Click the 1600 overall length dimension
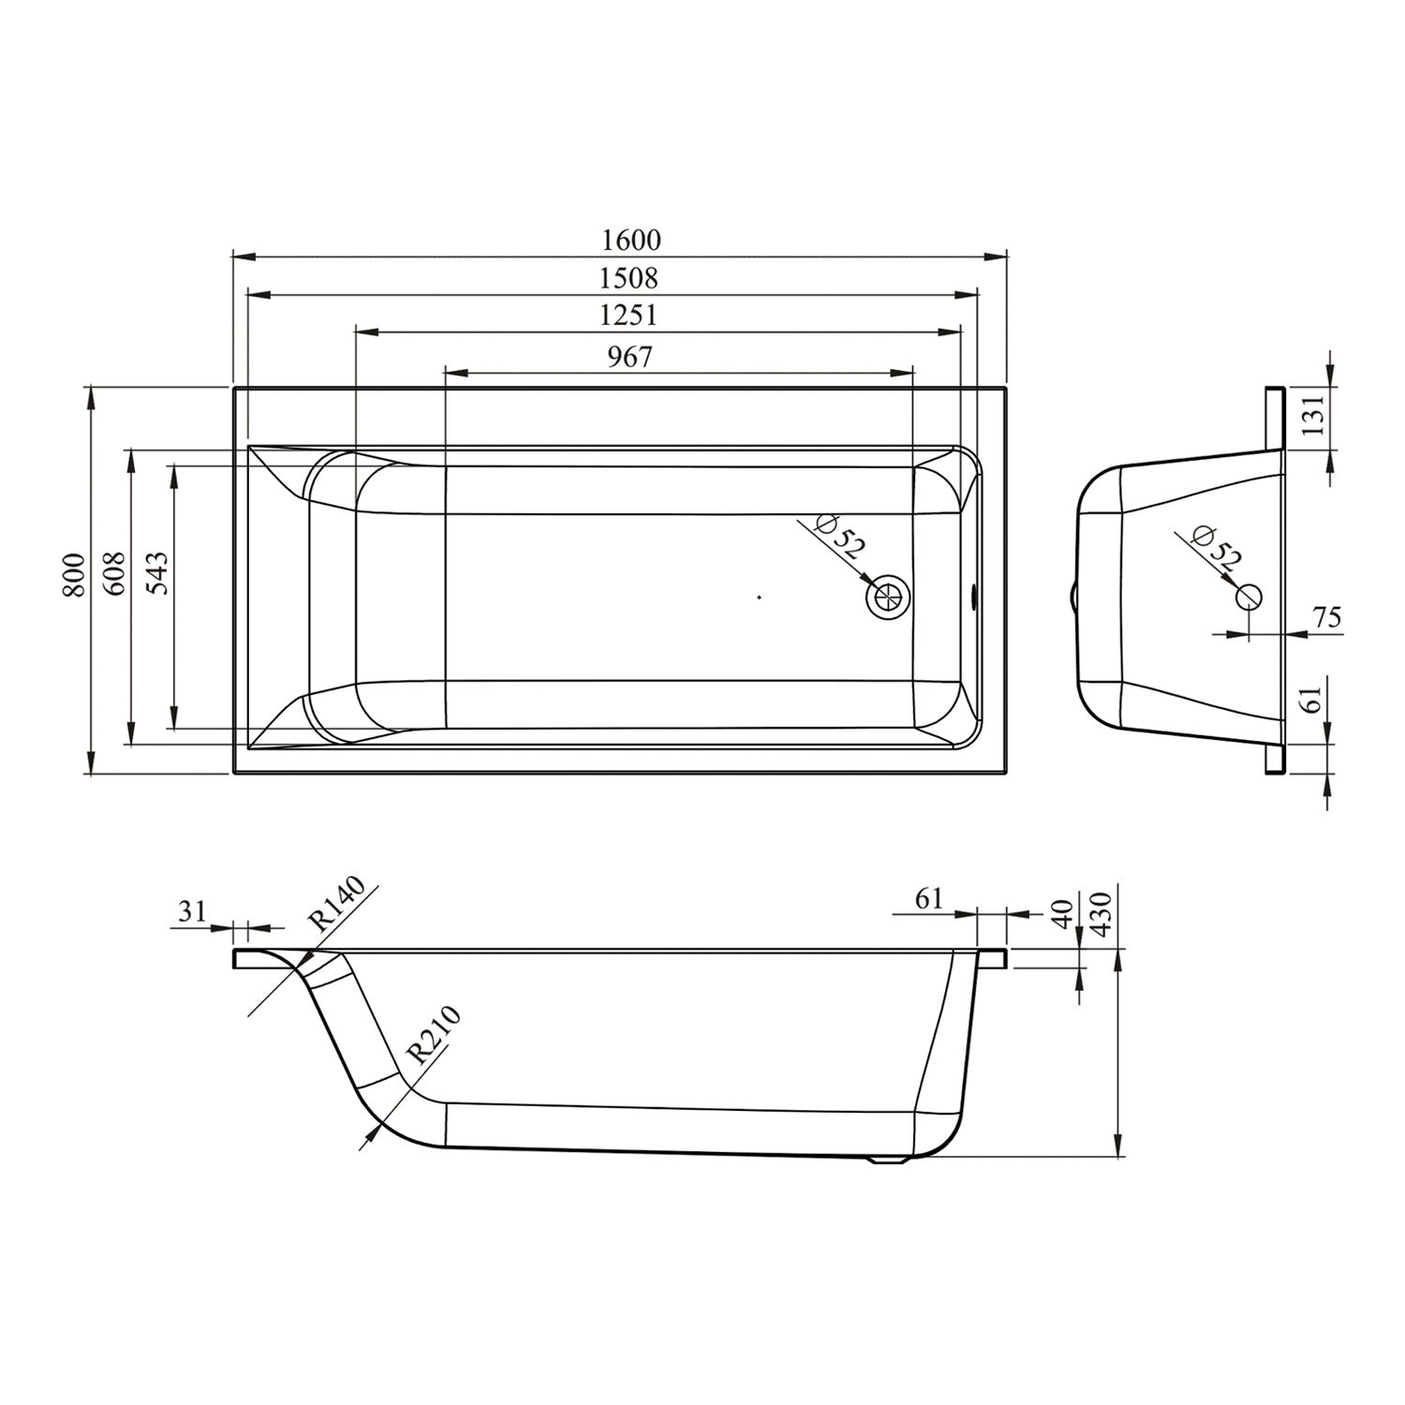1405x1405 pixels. pos(630,241)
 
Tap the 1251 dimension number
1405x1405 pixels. pos(629,316)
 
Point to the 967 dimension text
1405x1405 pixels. pos(629,357)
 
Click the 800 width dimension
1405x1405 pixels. pos(76,575)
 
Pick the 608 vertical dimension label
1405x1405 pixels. pos(114,573)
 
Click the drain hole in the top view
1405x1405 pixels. pos(886,596)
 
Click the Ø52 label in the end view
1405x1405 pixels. pos(1217,550)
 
